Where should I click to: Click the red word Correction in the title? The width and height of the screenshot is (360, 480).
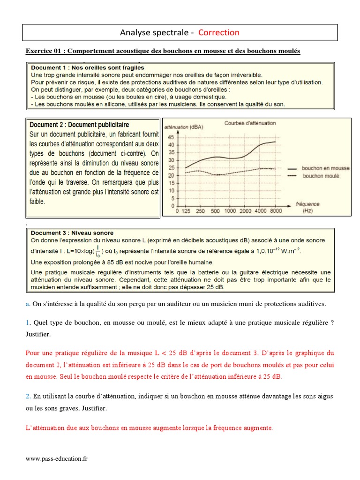click(218, 32)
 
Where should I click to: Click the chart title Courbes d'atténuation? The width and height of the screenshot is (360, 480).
click(250, 123)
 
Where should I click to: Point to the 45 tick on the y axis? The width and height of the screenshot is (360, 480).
click(171, 137)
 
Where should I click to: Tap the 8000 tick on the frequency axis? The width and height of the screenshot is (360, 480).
click(276, 211)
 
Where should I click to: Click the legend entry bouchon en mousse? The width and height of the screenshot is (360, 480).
click(325, 167)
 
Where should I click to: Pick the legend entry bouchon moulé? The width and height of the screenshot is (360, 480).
click(321, 176)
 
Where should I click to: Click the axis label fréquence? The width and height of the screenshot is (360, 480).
click(307, 204)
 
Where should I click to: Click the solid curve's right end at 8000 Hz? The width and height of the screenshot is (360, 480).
click(276, 142)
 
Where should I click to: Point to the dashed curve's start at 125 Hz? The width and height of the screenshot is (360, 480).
click(186, 173)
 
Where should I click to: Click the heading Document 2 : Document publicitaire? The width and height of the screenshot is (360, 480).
click(79, 125)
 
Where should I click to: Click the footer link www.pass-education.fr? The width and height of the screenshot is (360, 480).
click(57, 459)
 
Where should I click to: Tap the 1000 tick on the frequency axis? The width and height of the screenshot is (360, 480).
click(231, 211)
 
